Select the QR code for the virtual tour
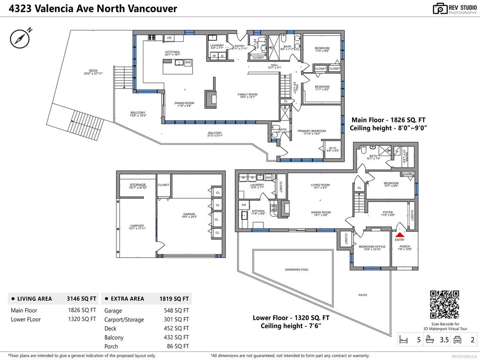click(444, 305)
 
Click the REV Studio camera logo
click(440, 8)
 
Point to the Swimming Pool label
click(297, 270)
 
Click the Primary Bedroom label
click(312, 131)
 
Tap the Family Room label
click(247, 95)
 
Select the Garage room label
click(189, 214)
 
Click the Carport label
click(137, 226)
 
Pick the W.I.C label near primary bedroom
click(333, 148)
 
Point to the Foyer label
click(388, 212)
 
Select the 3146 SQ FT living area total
click(82, 299)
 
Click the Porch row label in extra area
click(111, 346)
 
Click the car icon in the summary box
click(458, 339)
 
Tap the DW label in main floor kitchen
click(187, 62)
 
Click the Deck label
click(93, 71)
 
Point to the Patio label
click(363, 295)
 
